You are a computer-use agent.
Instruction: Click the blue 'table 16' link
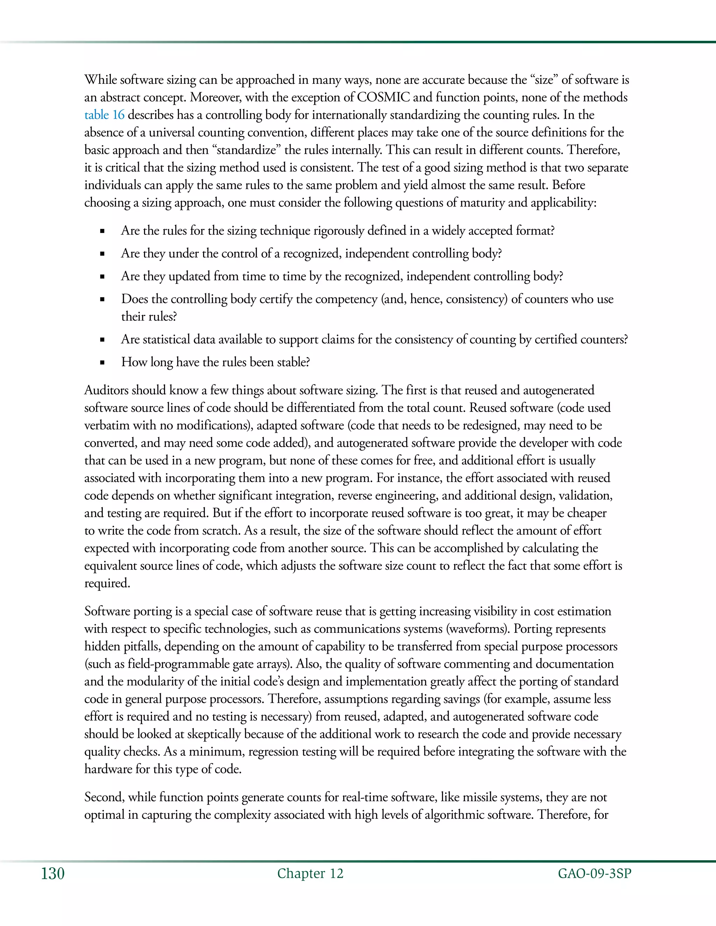tap(104, 115)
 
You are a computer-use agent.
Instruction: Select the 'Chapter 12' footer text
tap(310, 874)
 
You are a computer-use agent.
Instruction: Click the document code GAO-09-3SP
tap(594, 874)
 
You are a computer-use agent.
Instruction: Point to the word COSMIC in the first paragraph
tap(384, 97)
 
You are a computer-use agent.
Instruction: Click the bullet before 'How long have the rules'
tap(102, 362)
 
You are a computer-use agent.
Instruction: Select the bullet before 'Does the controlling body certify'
tap(102, 299)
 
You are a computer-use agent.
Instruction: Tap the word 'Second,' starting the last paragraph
tap(104, 797)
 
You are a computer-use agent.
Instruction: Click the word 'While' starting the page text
tap(100, 80)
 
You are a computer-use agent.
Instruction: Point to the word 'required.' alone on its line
tap(107, 584)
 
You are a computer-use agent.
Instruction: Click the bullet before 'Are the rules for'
tap(102, 231)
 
